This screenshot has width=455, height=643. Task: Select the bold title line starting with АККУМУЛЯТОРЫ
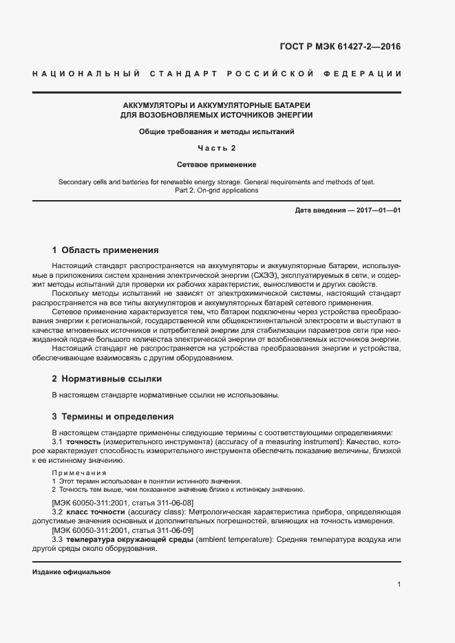click(x=216, y=105)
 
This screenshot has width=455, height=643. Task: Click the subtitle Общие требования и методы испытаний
click(x=216, y=131)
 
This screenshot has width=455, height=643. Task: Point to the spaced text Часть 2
click(x=216, y=148)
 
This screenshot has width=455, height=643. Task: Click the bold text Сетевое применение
click(x=216, y=165)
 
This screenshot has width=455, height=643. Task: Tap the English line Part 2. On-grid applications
click(x=216, y=190)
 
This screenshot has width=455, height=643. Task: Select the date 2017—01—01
click(x=378, y=210)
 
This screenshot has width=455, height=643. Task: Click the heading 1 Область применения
click(x=105, y=250)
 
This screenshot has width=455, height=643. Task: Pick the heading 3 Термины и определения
click(x=113, y=417)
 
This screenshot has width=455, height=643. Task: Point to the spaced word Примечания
click(x=79, y=473)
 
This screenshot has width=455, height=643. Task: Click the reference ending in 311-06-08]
click(x=123, y=503)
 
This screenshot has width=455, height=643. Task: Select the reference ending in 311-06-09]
click(x=123, y=531)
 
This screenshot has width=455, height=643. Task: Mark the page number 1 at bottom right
click(x=399, y=585)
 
